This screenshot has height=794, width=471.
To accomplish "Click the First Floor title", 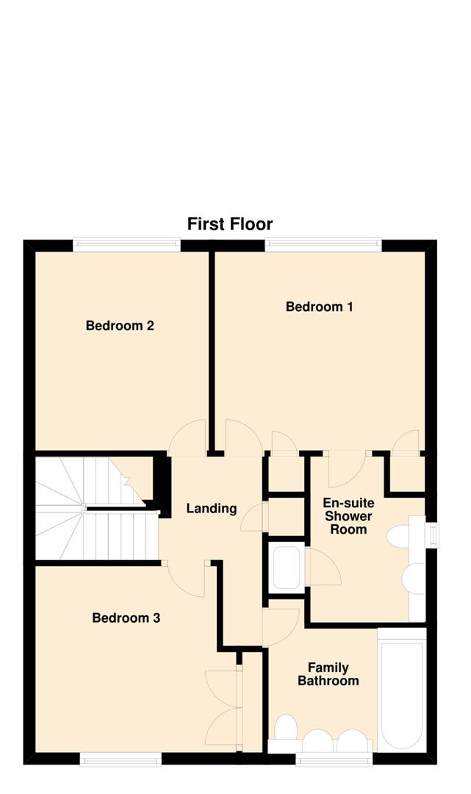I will coord(230,223).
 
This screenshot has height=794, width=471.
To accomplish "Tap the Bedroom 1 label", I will coord(319,307).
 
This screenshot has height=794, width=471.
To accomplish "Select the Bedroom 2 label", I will coord(120,326).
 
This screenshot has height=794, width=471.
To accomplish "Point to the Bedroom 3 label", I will coord(126,618).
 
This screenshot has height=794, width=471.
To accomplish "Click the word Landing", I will coord(211,508).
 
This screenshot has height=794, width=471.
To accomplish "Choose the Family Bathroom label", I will coord(328,674).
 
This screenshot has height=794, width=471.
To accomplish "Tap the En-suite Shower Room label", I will coord(349,516).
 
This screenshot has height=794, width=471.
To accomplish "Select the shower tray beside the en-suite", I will coord(286,568).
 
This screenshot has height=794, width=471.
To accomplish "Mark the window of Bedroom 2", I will coord(126,244).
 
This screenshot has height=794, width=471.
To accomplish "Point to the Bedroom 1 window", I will coord(323,244).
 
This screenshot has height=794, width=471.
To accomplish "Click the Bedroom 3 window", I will coord(121,759).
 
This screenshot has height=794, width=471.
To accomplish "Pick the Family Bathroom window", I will coord(335,759).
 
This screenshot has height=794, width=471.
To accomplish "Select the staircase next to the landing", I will coord(96,507).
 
